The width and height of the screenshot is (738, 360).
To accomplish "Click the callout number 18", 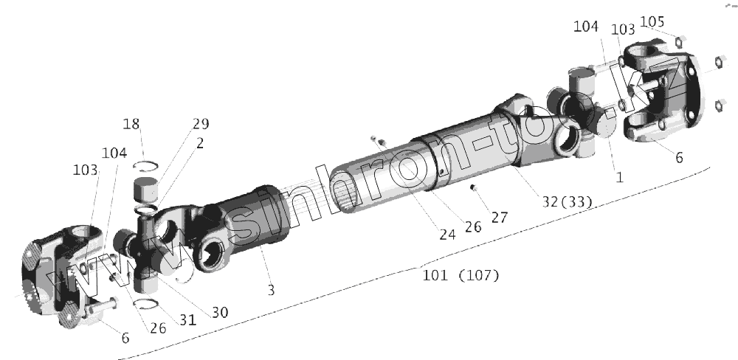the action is click(131, 124).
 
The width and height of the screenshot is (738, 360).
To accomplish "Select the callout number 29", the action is click(201, 124).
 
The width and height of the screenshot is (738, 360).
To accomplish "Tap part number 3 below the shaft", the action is click(271, 291).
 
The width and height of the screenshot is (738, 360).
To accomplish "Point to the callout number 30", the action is click(220, 313).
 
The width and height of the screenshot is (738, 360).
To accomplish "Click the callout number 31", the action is click(187, 319).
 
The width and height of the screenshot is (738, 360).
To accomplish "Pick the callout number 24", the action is click(448, 235).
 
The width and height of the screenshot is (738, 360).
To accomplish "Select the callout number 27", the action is click(500, 218).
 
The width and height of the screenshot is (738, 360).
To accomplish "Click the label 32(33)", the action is click(567, 202).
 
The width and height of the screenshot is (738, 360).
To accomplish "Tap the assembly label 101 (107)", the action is click(461, 275).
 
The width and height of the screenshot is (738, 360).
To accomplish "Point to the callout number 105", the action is click(652, 21).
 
